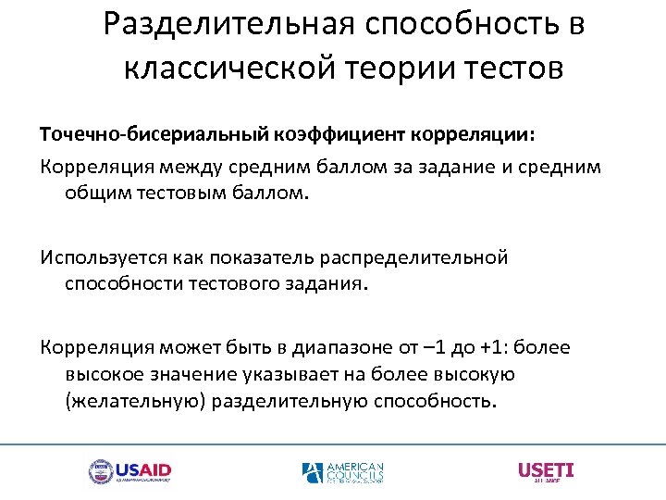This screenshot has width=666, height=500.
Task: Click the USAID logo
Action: [x=129, y=472]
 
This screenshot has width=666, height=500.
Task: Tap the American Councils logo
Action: [x=342, y=472]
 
